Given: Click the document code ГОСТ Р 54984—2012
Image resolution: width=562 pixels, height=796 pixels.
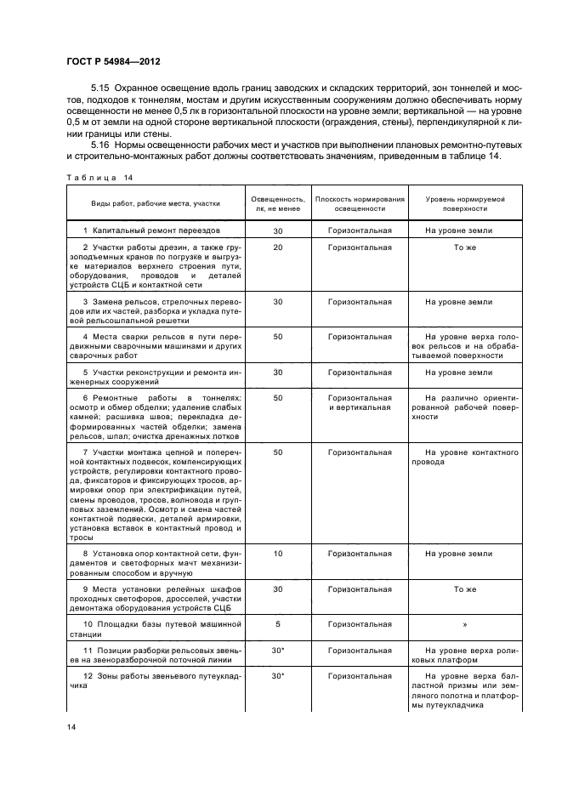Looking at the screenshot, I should pyautogui.click(x=113, y=62).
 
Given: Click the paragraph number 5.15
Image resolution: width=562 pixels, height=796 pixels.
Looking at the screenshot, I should pyautogui.click(x=100, y=89).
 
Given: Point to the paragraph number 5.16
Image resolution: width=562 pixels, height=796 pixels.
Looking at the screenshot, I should pyautogui.click(x=100, y=145).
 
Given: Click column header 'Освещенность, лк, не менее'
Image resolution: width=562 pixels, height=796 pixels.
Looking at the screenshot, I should pyautogui.click(x=277, y=202).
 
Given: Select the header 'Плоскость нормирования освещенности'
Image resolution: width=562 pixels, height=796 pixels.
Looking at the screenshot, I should pyautogui.click(x=360, y=202).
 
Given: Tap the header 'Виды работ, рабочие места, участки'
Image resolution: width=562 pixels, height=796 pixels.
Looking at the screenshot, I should pyautogui.click(x=156, y=203).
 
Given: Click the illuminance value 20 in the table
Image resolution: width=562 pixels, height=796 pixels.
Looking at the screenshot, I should pyautogui.click(x=277, y=247).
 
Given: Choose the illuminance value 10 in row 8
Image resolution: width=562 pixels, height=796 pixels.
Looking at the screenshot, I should pyautogui.click(x=277, y=554).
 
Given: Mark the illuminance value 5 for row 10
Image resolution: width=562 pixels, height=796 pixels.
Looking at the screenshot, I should pyautogui.click(x=277, y=623).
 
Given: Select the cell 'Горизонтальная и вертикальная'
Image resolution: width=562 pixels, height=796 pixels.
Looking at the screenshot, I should pyautogui.click(x=360, y=402).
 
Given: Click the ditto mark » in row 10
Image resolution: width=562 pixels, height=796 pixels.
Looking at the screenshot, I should pyautogui.click(x=464, y=623).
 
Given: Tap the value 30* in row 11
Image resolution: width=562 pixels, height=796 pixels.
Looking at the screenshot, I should pyautogui.click(x=277, y=649).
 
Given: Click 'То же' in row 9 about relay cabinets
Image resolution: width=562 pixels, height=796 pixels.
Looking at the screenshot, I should pyautogui.click(x=464, y=588).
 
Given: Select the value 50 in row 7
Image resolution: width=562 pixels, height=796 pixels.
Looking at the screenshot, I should pyautogui.click(x=277, y=452).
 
